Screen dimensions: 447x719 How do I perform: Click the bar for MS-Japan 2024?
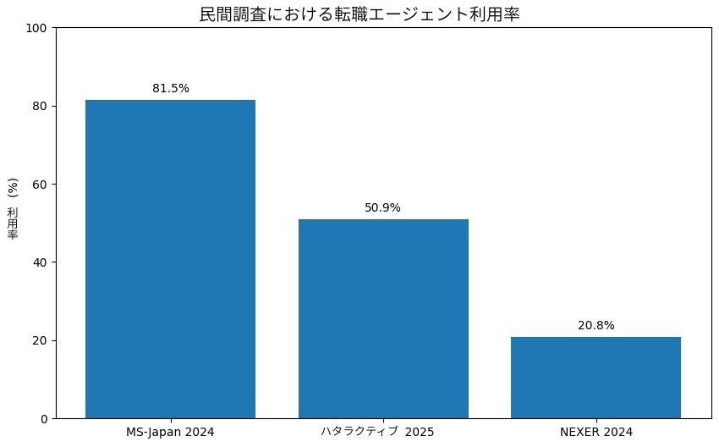170,259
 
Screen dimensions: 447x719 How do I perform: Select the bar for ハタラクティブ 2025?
383,318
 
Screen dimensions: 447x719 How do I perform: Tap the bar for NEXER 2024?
596,378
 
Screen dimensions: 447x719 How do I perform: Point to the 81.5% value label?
170,88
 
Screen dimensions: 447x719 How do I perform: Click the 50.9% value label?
383,207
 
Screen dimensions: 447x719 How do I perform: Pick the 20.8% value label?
596,325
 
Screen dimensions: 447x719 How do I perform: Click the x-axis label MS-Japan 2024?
170,432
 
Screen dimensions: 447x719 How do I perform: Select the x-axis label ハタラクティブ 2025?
377,432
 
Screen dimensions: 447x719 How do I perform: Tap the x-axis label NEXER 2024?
596,432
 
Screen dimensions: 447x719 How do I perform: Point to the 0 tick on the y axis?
44,418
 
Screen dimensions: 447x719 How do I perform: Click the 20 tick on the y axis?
41,340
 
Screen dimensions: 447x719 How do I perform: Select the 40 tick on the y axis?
41,262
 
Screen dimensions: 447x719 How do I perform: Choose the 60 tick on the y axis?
41,185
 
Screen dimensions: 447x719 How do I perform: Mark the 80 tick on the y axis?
41,106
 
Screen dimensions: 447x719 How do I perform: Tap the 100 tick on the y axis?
38,28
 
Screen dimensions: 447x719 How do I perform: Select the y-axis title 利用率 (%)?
13,208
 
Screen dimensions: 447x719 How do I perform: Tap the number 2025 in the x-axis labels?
419,432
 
